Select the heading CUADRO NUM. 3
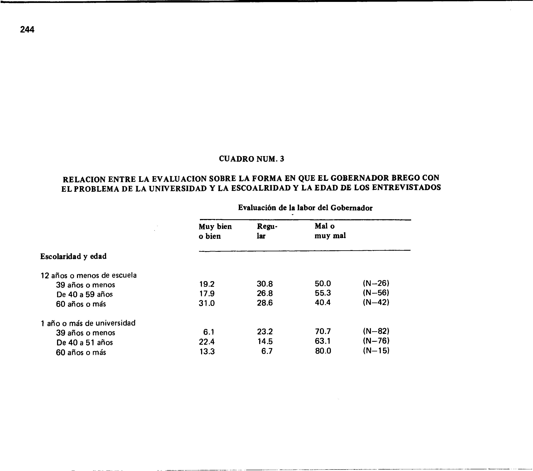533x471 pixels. pyautogui.click(x=251, y=159)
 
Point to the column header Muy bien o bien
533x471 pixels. pyautogui.click(x=215, y=231)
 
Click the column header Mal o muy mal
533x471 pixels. pyautogui.click(x=330, y=231)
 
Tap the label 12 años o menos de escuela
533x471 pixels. pyautogui.click(x=89, y=275)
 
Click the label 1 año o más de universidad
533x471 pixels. pyautogui.click(x=88, y=323)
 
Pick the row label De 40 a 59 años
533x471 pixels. pyautogui.click(x=84, y=295)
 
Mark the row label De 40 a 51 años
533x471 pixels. pyautogui.click(x=84, y=343)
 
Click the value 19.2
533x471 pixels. pyautogui.click(x=207, y=284)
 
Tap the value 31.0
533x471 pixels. pyautogui.click(x=207, y=303)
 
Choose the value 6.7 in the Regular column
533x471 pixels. pyautogui.click(x=267, y=351)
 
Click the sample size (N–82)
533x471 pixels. pyautogui.click(x=376, y=331)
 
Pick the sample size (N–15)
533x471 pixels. pyautogui.click(x=376, y=351)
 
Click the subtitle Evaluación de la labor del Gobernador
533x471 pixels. pyautogui.click(x=305, y=208)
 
